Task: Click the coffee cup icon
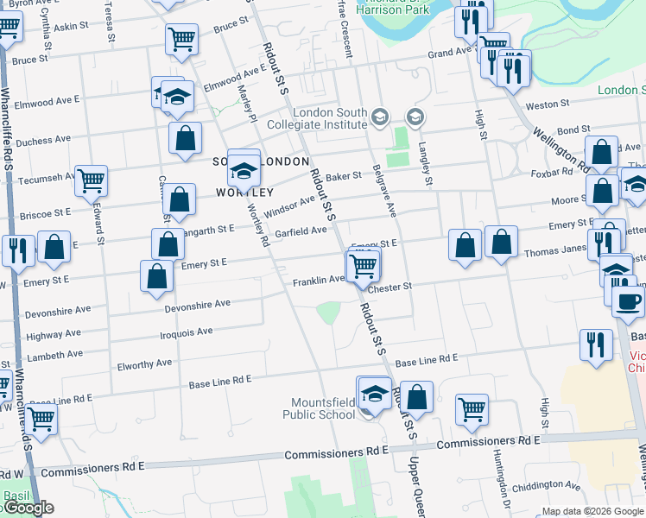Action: coord(628,300)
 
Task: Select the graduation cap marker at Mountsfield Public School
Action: coord(374,395)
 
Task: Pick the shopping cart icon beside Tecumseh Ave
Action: coord(91,180)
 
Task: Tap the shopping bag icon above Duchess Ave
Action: coord(185,138)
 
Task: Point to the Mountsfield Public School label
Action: coord(322,408)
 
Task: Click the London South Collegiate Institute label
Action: coord(330,118)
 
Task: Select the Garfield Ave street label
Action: coord(301,231)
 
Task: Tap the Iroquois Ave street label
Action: coord(187,332)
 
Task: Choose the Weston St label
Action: coord(548,104)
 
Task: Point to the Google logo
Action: coord(28,508)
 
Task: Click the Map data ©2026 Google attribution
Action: coord(593,512)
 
